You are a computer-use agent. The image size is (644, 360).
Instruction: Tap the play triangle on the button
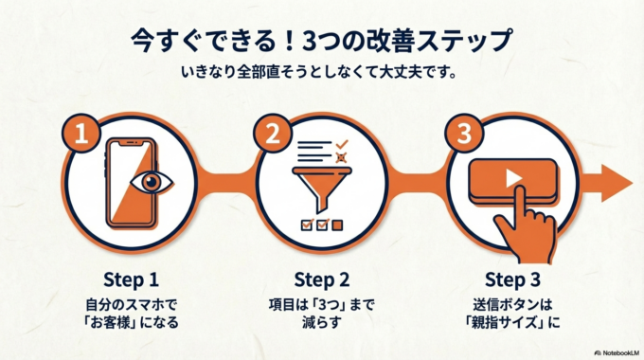click(511, 177)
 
